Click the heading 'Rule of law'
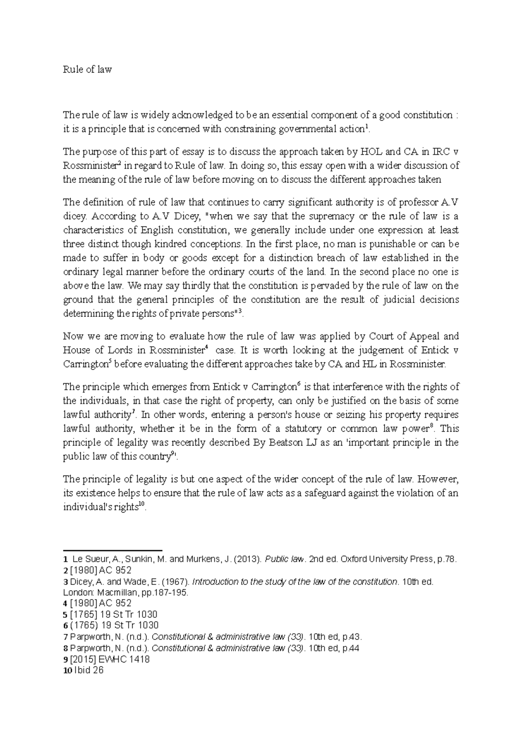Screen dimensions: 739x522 87,69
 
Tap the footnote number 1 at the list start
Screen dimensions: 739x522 65,560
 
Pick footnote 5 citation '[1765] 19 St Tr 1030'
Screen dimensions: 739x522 114,615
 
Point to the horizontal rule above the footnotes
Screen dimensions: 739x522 112,551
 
